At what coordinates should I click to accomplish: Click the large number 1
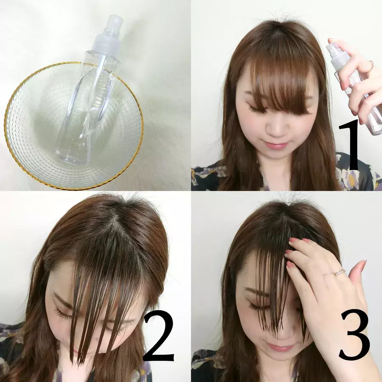coord(349,145)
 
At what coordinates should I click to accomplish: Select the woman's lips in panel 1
coord(276,145)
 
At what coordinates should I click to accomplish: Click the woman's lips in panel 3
coord(277,347)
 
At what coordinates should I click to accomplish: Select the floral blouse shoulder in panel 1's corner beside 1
coord(358,173)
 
